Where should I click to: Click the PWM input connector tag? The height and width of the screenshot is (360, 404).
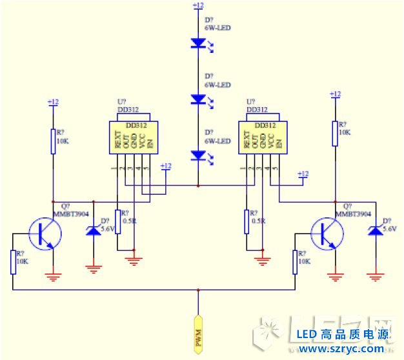pos(198,335)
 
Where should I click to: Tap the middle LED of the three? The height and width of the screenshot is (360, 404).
pos(197,99)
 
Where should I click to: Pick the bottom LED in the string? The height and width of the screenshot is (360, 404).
pos(197,155)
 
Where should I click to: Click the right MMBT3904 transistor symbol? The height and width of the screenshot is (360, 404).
pos(327,234)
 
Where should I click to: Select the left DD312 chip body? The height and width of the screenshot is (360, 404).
pos(133,137)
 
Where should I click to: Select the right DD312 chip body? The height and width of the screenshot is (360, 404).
pos(261,137)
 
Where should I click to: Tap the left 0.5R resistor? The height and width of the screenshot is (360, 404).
pos(117,221)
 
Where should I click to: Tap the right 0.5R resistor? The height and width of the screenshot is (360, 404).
pos(247,221)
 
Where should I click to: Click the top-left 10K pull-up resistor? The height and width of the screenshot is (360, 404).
pos(53,141)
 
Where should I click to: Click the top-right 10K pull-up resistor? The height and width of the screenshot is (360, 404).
pos(335,132)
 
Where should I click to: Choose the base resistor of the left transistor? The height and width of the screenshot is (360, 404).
pos(12,262)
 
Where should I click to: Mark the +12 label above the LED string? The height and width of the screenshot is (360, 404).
pos(198,5)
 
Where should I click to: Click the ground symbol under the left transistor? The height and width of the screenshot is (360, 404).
pos(53,277)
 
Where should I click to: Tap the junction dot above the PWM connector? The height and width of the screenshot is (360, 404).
pos(198,290)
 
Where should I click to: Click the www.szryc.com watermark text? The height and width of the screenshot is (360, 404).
pos(341,349)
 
